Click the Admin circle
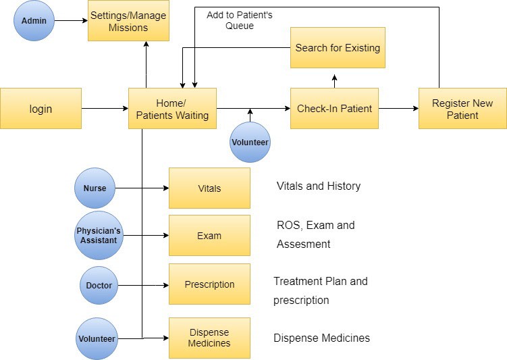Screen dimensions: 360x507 pyautogui.click(x=34, y=20)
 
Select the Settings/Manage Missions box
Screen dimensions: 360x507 pyautogui.click(x=128, y=21)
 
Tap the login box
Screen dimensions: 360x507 pyautogui.click(x=41, y=108)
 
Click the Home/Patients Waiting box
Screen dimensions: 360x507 pyautogui.click(x=172, y=108)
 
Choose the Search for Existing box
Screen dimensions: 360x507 pyautogui.click(x=338, y=48)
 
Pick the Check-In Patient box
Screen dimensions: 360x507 pyautogui.click(x=334, y=108)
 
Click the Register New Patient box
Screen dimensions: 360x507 pyautogui.click(x=462, y=108)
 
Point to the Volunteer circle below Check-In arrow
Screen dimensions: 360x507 pyautogui.click(x=250, y=142)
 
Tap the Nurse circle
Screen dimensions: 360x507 pyautogui.click(x=95, y=188)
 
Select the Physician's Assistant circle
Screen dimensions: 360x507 pyautogui.click(x=99, y=236)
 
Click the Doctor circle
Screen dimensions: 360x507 pyautogui.click(x=99, y=285)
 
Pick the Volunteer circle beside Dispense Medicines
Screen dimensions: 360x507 pyautogui.click(x=97, y=338)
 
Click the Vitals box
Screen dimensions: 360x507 pyautogui.click(x=209, y=188)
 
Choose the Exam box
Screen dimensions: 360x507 pyautogui.click(x=209, y=236)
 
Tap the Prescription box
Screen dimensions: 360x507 pyautogui.click(x=209, y=284)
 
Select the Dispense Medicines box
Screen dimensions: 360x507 pyautogui.click(x=209, y=338)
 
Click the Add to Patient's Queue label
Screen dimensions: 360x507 pyautogui.click(x=240, y=20)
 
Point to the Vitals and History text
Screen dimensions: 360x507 pyautogui.click(x=318, y=186)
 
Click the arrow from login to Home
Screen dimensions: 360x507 pyautogui.click(x=105, y=108)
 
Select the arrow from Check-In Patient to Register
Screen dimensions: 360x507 pyautogui.click(x=398, y=108)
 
